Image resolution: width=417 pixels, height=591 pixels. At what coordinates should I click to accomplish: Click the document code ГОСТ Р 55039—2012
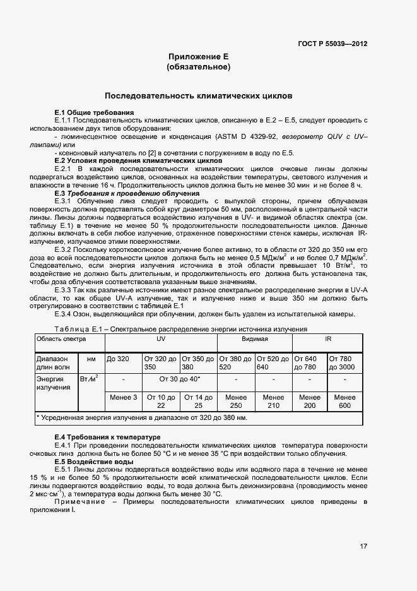point(333,44)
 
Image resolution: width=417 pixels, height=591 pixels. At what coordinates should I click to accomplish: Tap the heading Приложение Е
point(198,57)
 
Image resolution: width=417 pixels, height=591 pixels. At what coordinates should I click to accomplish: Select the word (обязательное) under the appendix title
point(198,66)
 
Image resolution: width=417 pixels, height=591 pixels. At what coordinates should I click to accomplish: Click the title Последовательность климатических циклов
point(198,97)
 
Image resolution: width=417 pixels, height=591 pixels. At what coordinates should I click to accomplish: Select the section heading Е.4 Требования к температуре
point(107,437)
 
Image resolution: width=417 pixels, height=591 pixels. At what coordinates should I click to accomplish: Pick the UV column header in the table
point(160,339)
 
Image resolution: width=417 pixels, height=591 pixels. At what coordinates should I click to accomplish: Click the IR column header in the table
point(327,339)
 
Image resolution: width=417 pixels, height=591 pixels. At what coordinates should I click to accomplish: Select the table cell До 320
point(118,359)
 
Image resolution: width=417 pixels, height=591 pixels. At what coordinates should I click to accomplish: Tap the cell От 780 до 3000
point(344,362)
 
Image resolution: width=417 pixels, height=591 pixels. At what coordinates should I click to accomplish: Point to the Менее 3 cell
point(123,397)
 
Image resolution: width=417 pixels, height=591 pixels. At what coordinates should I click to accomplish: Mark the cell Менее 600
point(344,401)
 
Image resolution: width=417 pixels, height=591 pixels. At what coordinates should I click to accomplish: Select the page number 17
point(363,546)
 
